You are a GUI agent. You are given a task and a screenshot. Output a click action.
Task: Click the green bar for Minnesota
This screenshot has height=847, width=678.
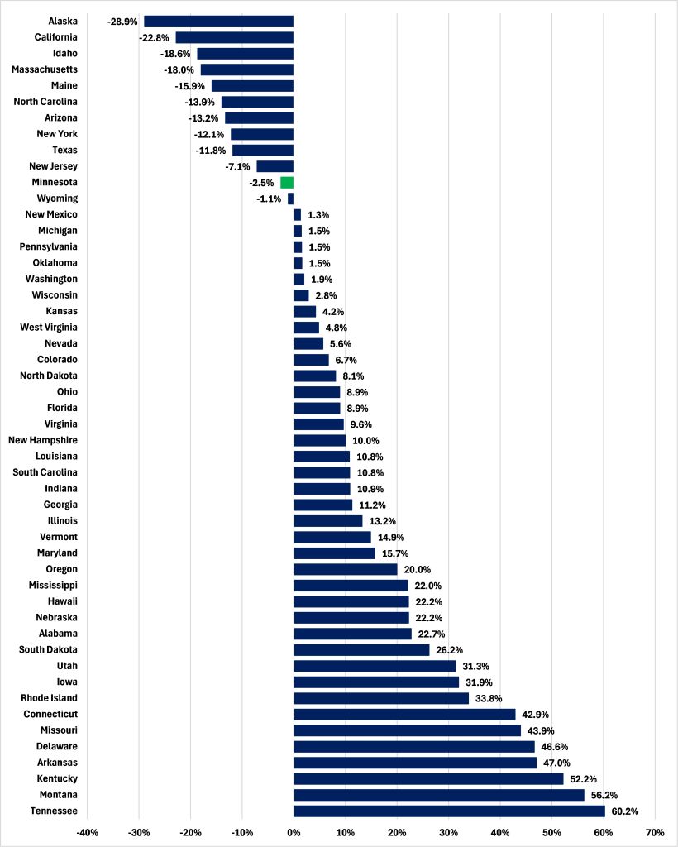pyautogui.click(x=287, y=182)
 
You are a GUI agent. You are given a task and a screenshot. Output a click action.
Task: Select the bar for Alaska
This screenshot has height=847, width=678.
pyautogui.click(x=218, y=21)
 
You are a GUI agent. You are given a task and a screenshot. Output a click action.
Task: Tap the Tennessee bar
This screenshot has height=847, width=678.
pyautogui.click(x=449, y=811)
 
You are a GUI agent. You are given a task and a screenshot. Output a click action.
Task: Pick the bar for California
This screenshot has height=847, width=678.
pyautogui.click(x=234, y=37)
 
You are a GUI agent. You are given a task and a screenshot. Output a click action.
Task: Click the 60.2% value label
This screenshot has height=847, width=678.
pyautogui.click(x=625, y=811)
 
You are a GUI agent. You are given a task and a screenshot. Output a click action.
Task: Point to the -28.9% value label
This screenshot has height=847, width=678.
pyautogui.click(x=122, y=21)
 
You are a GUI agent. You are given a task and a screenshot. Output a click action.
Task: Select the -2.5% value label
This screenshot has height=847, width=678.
pyautogui.click(x=261, y=182)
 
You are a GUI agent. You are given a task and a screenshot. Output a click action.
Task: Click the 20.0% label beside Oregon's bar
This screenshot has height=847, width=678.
pyautogui.click(x=418, y=569)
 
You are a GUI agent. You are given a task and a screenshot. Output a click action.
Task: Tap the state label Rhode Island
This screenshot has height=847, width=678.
pyautogui.click(x=51, y=698)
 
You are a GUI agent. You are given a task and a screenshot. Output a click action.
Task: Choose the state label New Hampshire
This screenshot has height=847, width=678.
pyautogui.click(x=43, y=440)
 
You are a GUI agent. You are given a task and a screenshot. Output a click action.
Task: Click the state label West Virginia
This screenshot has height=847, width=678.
pyautogui.click(x=49, y=328)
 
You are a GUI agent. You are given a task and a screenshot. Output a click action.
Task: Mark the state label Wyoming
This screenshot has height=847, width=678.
pyautogui.click(x=58, y=199)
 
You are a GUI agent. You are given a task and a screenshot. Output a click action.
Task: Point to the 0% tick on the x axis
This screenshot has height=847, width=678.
pyautogui.click(x=294, y=832)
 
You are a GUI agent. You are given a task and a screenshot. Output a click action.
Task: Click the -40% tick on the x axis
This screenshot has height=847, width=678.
pyautogui.click(x=88, y=832)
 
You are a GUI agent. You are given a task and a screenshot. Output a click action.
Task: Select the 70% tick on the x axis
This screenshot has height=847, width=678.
pyautogui.click(x=654, y=832)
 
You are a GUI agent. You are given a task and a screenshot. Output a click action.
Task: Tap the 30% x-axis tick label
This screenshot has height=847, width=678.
pyautogui.click(x=448, y=832)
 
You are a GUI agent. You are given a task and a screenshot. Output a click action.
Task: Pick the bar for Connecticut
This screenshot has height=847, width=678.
pyautogui.click(x=404, y=714)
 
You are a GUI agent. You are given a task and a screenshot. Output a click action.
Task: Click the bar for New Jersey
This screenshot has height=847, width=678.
pyautogui.click(x=275, y=166)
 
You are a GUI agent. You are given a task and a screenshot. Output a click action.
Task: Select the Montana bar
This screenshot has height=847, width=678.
pyautogui.click(x=439, y=795)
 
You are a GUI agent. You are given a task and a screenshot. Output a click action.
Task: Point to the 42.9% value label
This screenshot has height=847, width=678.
pyautogui.click(x=535, y=714)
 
